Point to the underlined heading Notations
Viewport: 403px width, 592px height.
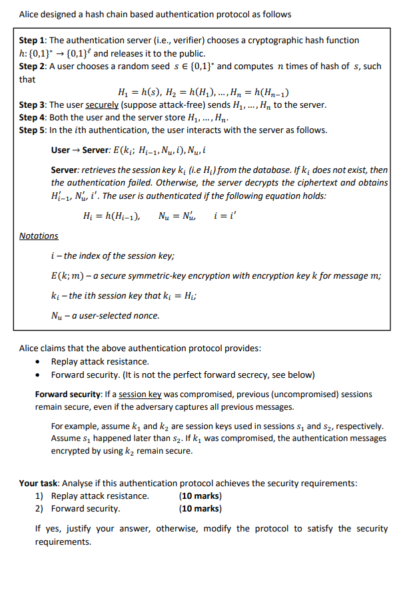(38, 236)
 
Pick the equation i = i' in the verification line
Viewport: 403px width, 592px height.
(225, 216)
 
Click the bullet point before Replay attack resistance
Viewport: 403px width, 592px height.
(43, 362)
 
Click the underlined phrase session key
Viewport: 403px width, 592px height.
(140, 394)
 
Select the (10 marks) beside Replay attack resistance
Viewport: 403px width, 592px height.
(200, 496)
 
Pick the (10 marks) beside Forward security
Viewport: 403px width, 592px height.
(200, 509)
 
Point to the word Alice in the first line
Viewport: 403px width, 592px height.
(31, 14)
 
